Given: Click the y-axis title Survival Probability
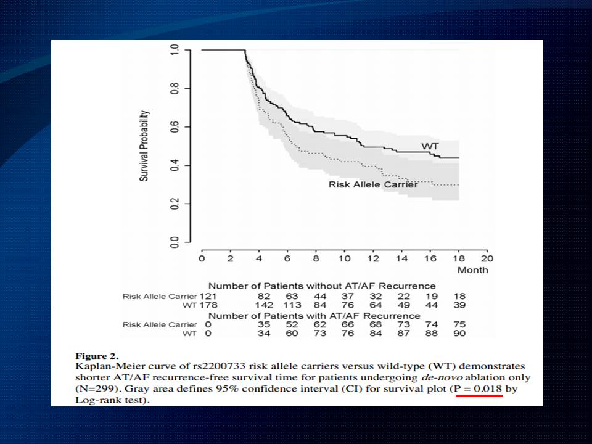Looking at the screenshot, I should pyautogui.click(x=144, y=146).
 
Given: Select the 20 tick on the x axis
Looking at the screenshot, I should pyautogui.click(x=487, y=258).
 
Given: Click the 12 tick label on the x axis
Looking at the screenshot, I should pyautogui.click(x=372, y=258).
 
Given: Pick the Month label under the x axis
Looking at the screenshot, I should pyautogui.click(x=472, y=270).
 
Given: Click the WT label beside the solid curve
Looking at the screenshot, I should pyautogui.click(x=430, y=146).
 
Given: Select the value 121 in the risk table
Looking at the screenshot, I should pyautogui.click(x=208, y=296).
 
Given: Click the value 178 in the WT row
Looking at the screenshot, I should pyautogui.click(x=208, y=305).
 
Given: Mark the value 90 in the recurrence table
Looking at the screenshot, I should pyautogui.click(x=458, y=334).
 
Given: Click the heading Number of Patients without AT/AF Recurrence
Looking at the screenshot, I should pyautogui.click(x=322, y=286).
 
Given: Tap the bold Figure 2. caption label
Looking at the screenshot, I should pyautogui.click(x=96, y=356).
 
